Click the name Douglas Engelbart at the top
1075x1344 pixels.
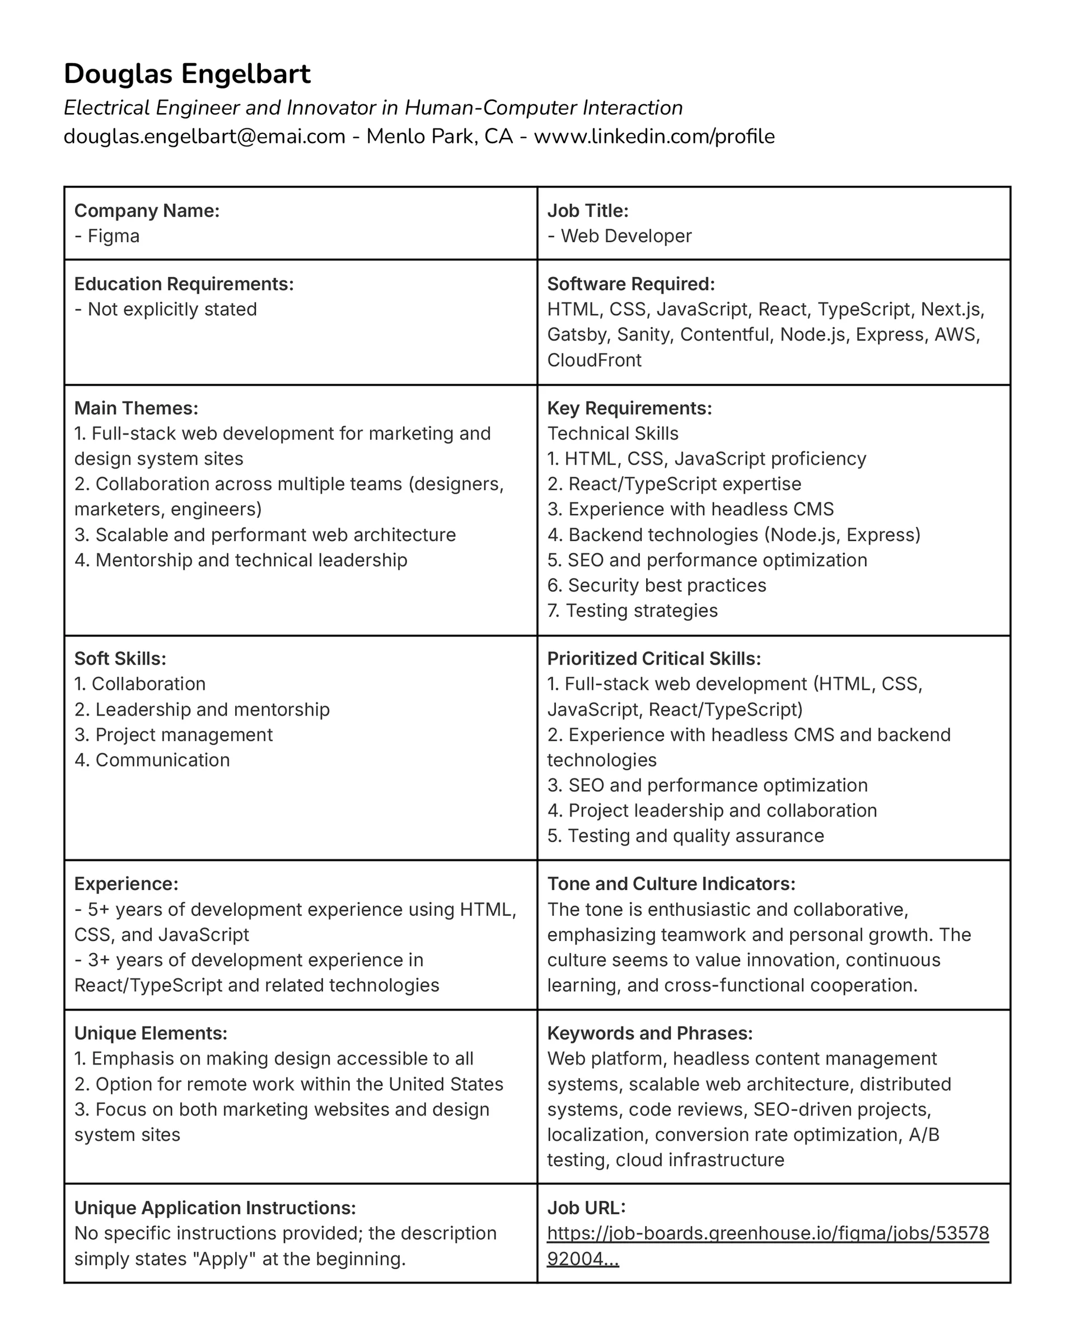coord(187,73)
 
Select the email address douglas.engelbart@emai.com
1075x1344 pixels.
coord(204,137)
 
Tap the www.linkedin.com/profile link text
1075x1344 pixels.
coord(654,137)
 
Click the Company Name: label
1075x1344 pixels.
coord(147,211)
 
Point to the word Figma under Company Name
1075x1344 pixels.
coord(114,236)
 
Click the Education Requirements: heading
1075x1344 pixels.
coord(184,284)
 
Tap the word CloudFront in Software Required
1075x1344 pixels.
coord(594,360)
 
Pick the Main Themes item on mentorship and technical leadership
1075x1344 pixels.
coord(241,561)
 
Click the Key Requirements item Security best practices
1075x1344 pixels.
coord(657,585)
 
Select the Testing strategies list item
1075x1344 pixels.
coord(633,611)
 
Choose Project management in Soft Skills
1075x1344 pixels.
coord(174,735)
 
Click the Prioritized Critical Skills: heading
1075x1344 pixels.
coord(654,659)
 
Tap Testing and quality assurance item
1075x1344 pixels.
coord(685,836)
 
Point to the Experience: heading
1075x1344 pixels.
coord(127,884)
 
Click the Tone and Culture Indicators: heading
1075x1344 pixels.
coord(671,884)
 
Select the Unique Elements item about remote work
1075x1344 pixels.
coord(288,1084)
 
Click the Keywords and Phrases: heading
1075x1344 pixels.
coord(650,1034)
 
